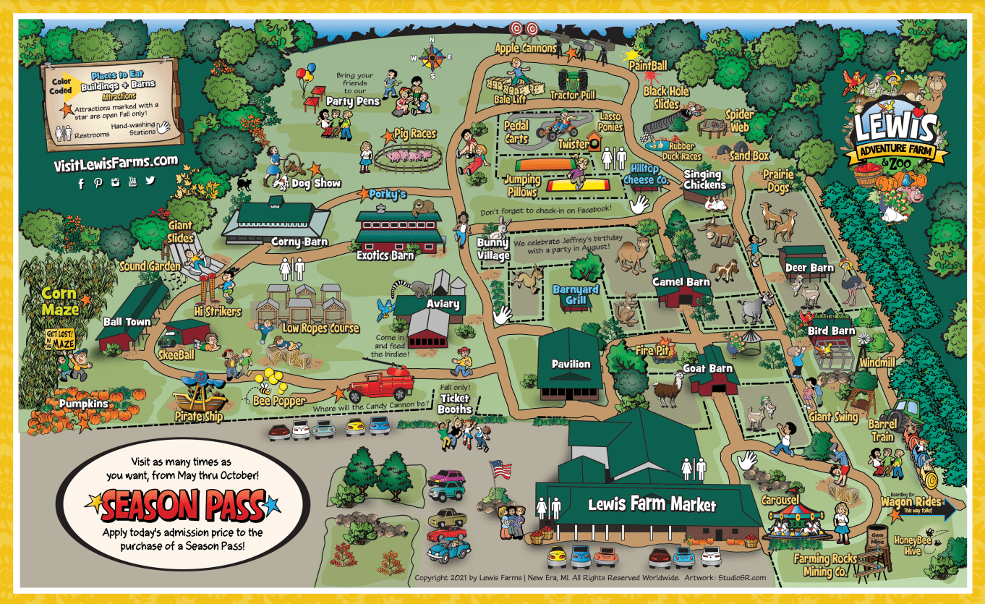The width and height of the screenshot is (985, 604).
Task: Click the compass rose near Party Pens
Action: pos(433,56)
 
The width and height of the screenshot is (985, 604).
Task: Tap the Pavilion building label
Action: pos(571,364)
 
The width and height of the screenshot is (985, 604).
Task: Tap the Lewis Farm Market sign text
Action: pos(652,505)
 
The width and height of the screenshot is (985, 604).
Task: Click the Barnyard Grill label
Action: pos(576,295)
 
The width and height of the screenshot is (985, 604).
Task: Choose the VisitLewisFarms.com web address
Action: pos(116,163)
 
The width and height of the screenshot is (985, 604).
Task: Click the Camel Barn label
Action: pos(681,281)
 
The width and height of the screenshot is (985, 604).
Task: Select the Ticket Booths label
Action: pos(454,404)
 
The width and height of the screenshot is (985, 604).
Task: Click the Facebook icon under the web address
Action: pos(81,184)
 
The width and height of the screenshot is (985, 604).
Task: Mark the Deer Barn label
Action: pos(810,268)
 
